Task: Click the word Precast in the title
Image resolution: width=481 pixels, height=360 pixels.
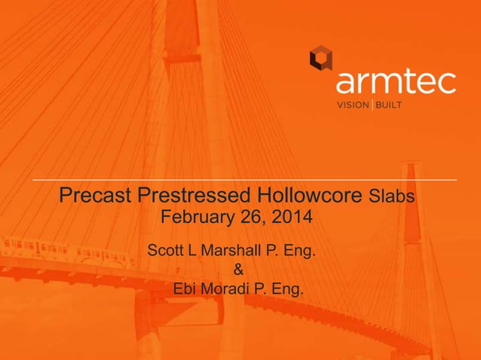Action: coord(96,197)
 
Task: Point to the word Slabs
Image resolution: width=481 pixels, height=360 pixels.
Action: coord(392,197)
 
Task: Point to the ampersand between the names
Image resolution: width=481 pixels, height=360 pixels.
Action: coord(239,269)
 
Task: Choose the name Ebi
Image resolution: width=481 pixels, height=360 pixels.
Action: coord(185,288)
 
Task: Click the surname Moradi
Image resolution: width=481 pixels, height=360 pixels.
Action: coord(227,288)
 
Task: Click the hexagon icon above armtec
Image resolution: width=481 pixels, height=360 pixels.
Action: coord(321,58)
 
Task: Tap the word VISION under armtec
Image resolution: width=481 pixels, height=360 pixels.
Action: coord(352,105)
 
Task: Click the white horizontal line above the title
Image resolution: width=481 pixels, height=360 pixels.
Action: coord(244,181)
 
